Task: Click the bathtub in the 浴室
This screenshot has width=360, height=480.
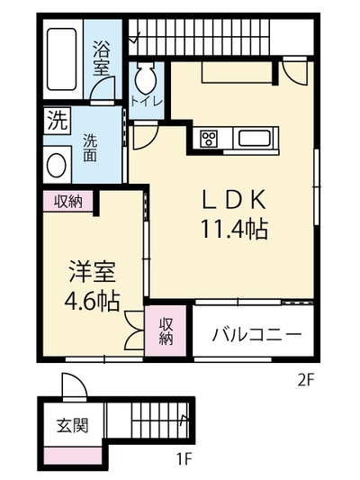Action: click(x=61, y=59)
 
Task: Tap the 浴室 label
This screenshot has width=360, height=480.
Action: click(x=101, y=59)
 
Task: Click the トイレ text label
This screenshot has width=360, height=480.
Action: click(x=146, y=102)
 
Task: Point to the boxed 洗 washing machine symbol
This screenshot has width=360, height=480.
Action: click(x=58, y=121)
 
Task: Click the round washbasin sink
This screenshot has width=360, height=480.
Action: click(x=57, y=166)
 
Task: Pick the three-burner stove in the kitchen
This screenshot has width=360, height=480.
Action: click(x=209, y=139)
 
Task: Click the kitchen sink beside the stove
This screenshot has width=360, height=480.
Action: click(x=254, y=138)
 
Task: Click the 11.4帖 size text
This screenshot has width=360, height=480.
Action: click(x=234, y=229)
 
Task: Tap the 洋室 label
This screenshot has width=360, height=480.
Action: click(x=92, y=271)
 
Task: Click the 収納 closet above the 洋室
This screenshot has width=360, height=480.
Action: click(x=68, y=201)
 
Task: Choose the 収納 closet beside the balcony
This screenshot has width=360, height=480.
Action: click(x=166, y=331)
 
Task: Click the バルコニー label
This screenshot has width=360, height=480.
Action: click(x=256, y=335)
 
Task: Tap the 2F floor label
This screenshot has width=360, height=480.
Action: click(x=306, y=381)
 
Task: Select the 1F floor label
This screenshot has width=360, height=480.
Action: click(x=184, y=458)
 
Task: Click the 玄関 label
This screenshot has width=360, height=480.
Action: click(x=73, y=425)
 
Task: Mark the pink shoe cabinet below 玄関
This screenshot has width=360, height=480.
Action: click(x=73, y=456)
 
